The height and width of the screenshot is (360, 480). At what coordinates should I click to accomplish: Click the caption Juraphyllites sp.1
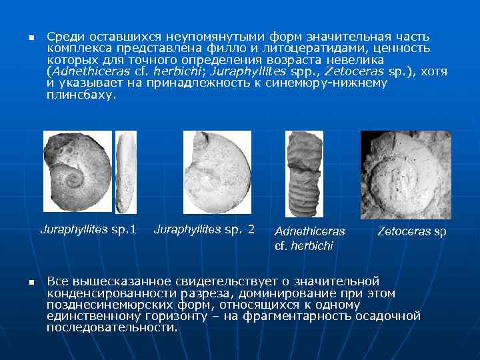pyautogui.click(x=88, y=230)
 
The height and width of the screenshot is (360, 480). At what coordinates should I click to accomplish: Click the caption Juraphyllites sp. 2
pyautogui.click(x=204, y=230)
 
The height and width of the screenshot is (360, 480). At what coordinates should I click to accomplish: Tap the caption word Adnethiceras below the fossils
pyautogui.click(x=310, y=232)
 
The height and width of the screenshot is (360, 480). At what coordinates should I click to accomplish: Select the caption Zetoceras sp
pyautogui.click(x=411, y=232)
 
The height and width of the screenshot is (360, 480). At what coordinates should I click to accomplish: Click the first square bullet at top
pyautogui.click(x=30, y=37)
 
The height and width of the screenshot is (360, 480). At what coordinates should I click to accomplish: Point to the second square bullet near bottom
pyautogui.click(x=30, y=283)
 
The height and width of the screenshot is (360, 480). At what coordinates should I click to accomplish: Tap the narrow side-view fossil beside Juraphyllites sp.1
pyautogui.click(x=125, y=169)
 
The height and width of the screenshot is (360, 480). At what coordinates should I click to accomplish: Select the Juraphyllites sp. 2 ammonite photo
pyautogui.click(x=217, y=171)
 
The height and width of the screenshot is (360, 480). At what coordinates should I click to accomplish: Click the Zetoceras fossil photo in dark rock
pyautogui.click(x=405, y=175)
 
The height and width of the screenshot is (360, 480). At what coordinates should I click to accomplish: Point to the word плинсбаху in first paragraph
pyautogui.click(x=81, y=95)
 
